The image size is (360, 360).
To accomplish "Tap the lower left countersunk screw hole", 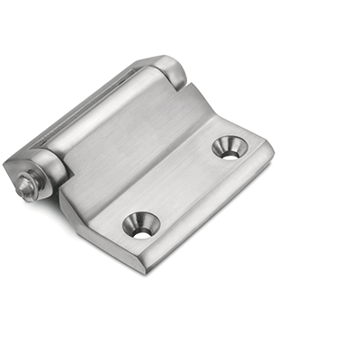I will [141, 225].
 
